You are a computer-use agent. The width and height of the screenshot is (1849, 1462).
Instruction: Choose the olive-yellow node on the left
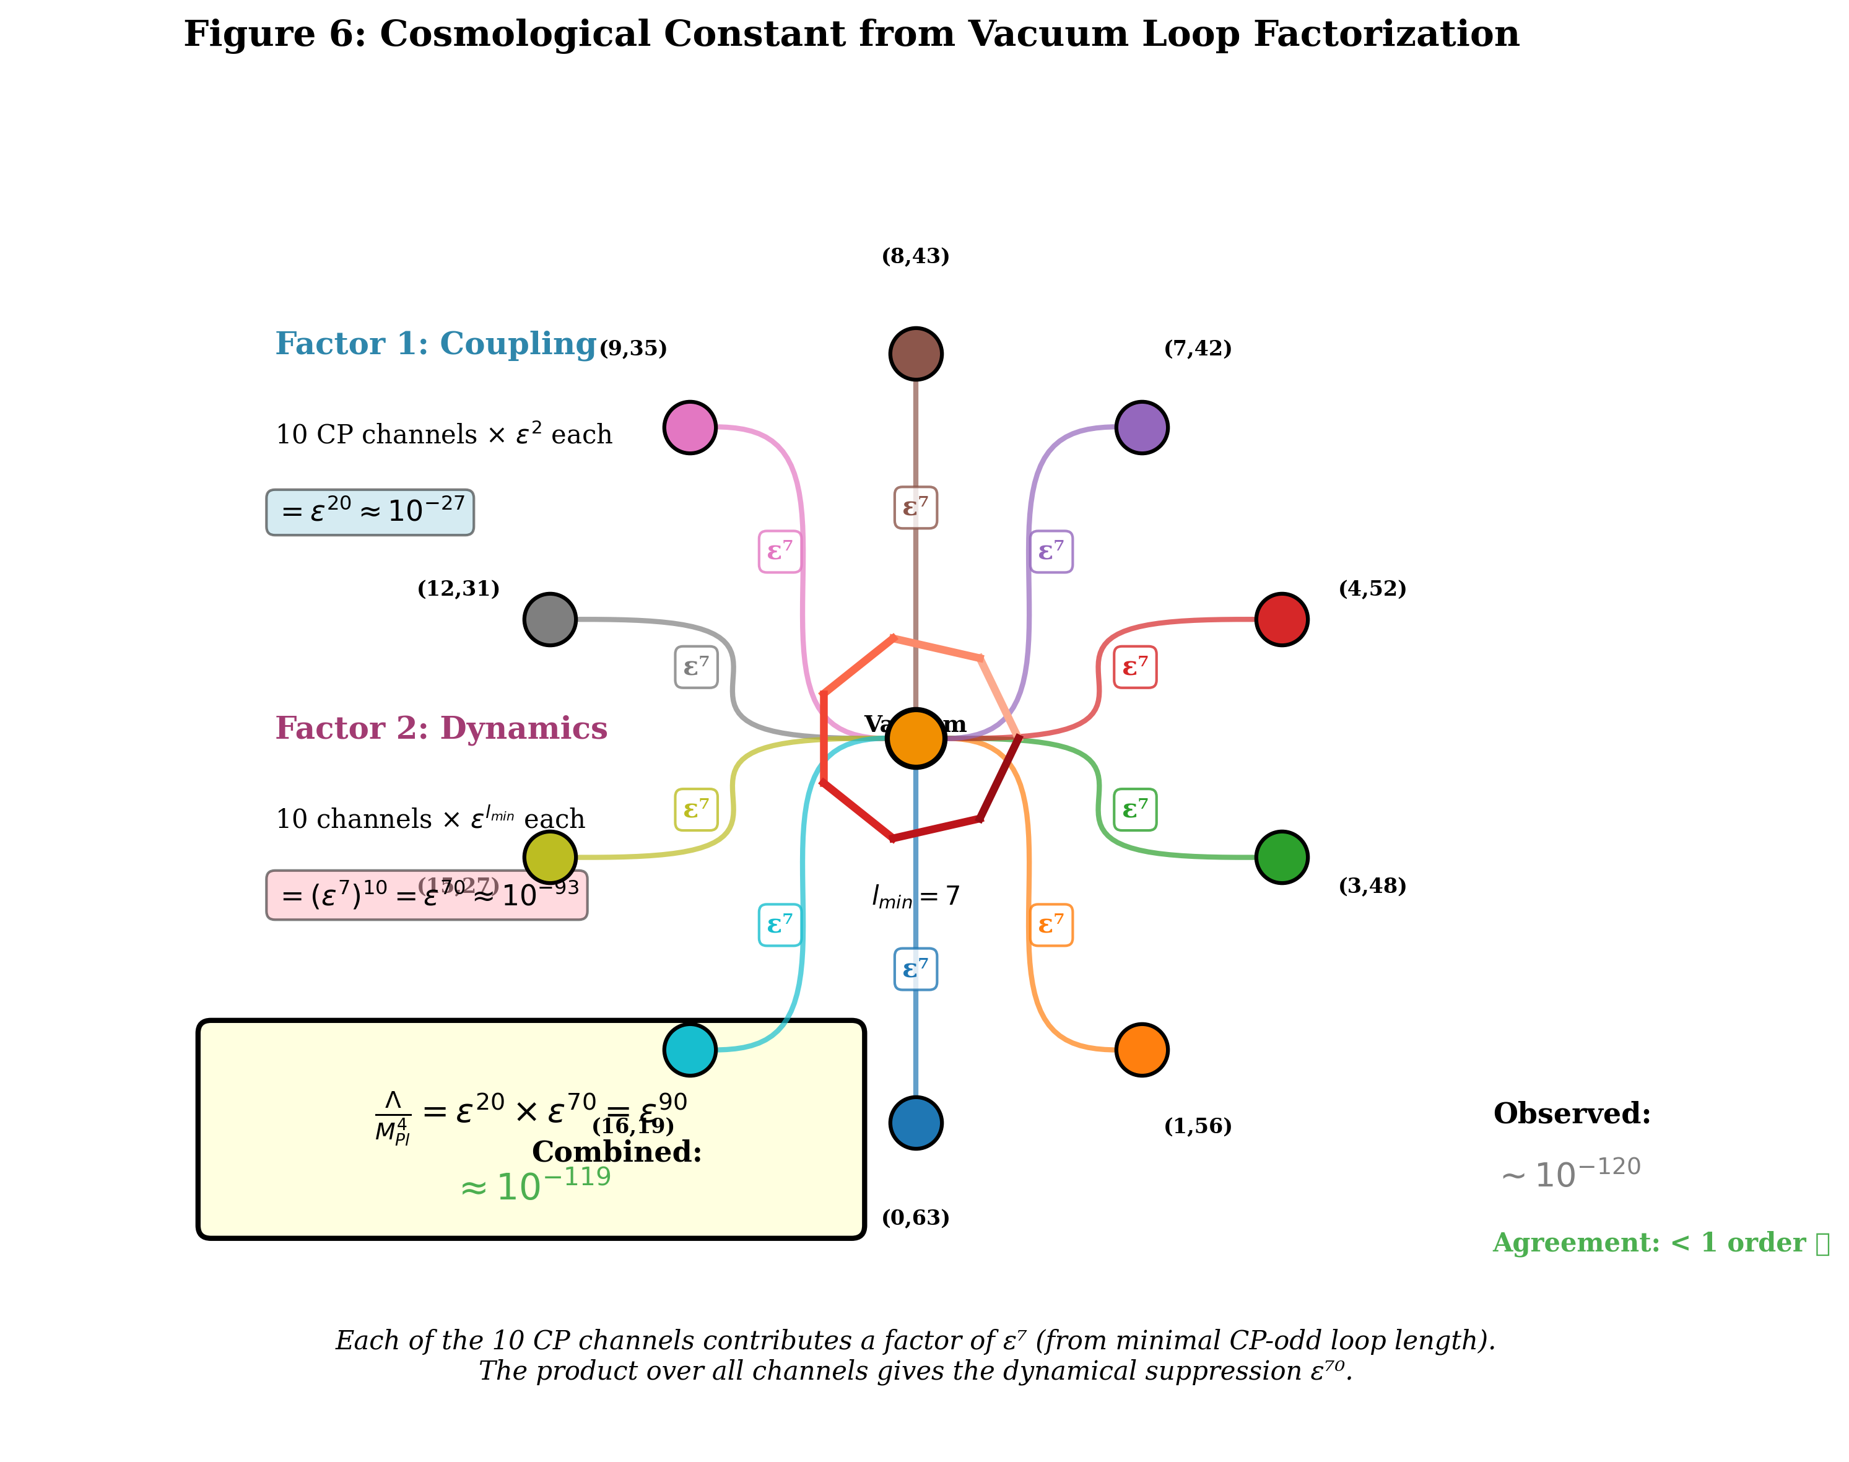550,857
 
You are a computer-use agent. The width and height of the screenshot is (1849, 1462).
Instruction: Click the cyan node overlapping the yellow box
690,1050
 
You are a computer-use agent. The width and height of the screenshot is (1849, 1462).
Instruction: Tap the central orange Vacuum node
915,738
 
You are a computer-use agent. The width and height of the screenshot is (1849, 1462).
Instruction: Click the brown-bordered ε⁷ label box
915,508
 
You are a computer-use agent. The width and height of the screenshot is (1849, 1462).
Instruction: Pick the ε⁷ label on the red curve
1134,667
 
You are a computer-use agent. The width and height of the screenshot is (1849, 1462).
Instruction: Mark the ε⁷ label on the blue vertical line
915,969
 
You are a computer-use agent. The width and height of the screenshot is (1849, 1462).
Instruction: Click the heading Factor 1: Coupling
435,344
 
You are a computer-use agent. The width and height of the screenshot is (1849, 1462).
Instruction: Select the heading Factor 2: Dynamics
441,728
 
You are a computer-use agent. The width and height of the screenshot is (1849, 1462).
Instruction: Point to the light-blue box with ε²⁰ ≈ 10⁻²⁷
370,512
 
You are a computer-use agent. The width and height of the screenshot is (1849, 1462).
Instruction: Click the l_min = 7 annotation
915,896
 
